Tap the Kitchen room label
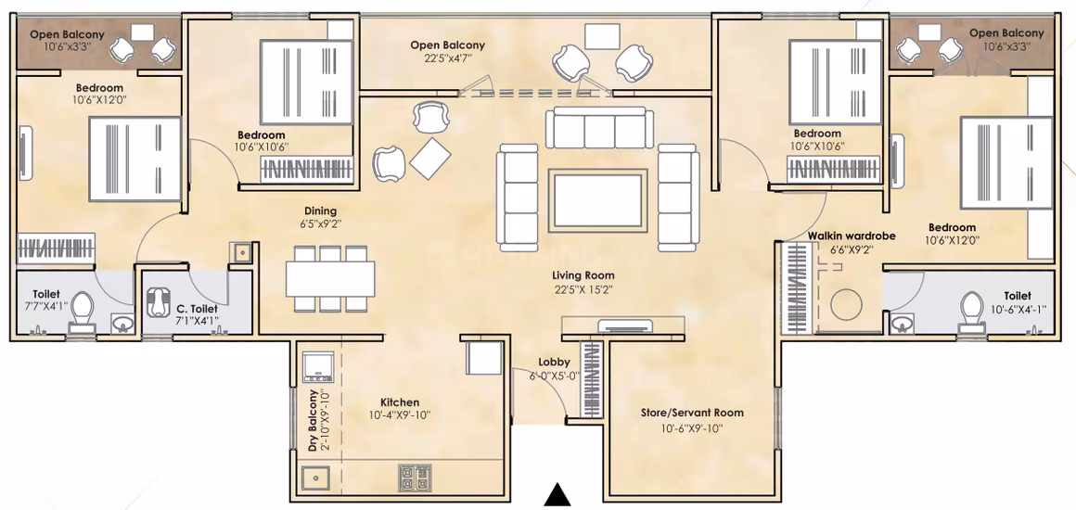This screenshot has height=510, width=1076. (x=400, y=402)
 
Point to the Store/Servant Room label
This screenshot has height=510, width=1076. (x=692, y=414)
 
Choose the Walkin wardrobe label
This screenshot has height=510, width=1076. (x=852, y=236)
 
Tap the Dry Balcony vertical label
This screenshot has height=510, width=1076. (x=313, y=420)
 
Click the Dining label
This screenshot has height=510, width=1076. (x=321, y=210)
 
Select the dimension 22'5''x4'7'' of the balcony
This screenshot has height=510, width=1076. (x=447, y=58)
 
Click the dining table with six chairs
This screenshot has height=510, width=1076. (x=331, y=279)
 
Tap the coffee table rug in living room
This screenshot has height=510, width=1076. (x=599, y=199)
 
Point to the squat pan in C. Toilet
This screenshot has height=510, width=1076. (x=160, y=300)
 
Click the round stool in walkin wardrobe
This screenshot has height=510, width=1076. (x=845, y=302)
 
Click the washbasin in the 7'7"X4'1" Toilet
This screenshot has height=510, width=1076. (x=122, y=322)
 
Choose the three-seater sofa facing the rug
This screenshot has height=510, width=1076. (x=599, y=128)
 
